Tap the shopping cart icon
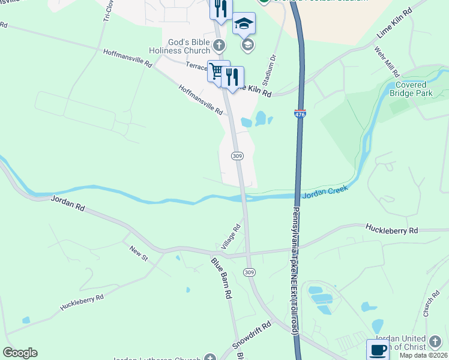click(x=217, y=71)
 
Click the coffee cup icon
click(x=378, y=350)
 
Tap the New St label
click(x=138, y=252)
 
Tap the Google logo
click(x=20, y=353)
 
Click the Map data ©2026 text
click(x=423, y=355)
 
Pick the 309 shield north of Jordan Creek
click(x=237, y=156)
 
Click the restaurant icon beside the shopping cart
click(x=232, y=77)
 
